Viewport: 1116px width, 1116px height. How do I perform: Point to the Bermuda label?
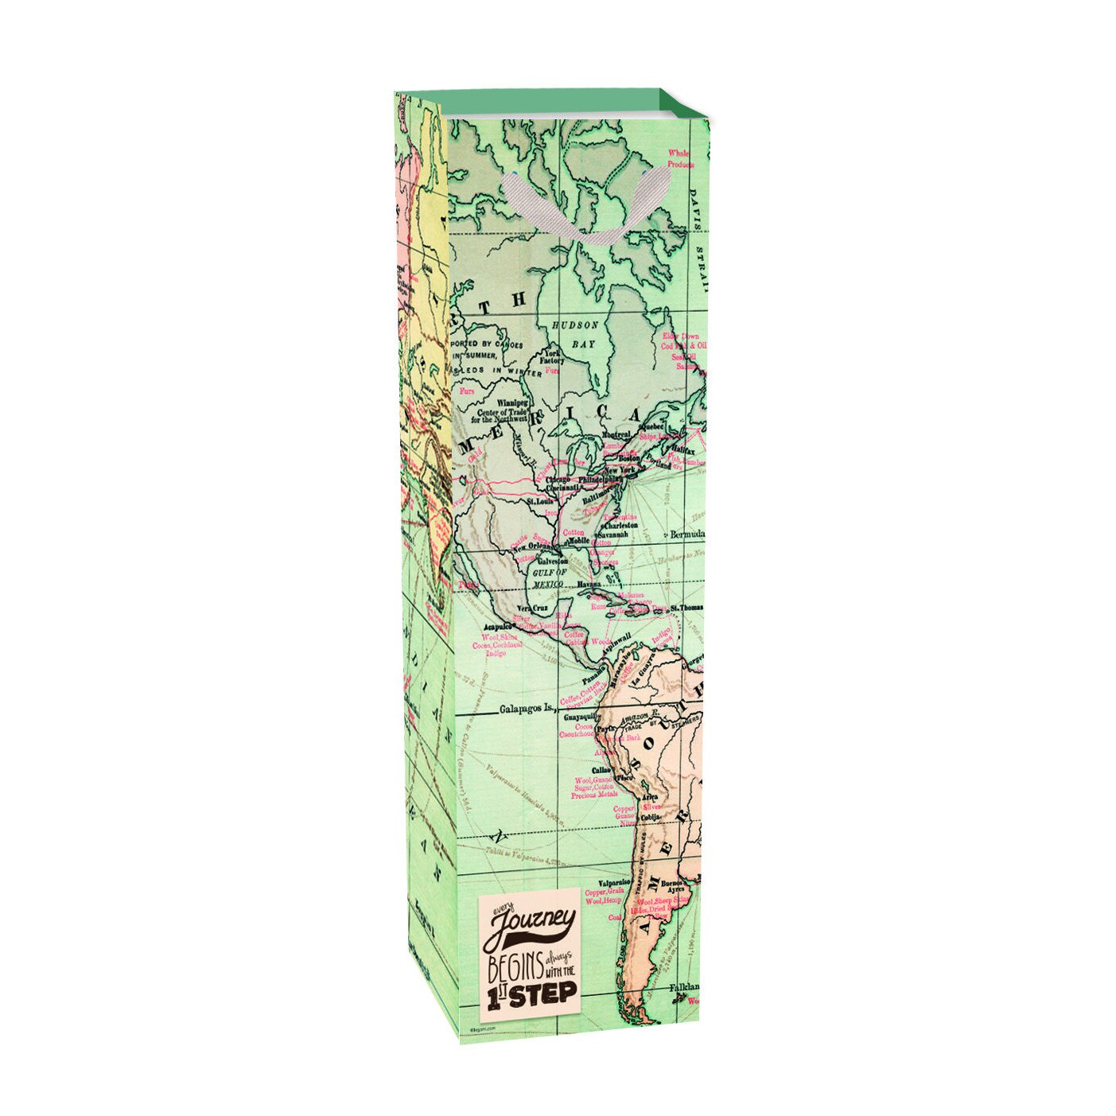tap(688, 533)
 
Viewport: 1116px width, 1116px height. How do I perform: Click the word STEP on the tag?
tap(543, 994)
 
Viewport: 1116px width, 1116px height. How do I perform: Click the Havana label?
tap(589, 585)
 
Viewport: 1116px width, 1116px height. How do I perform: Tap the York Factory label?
tap(551, 356)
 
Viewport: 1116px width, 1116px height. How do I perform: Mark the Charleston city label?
tap(620, 525)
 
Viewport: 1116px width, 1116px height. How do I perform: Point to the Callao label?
tap(601, 770)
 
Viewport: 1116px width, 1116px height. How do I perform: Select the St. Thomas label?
tap(686, 609)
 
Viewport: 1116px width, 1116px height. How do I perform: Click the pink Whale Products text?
tap(680, 158)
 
